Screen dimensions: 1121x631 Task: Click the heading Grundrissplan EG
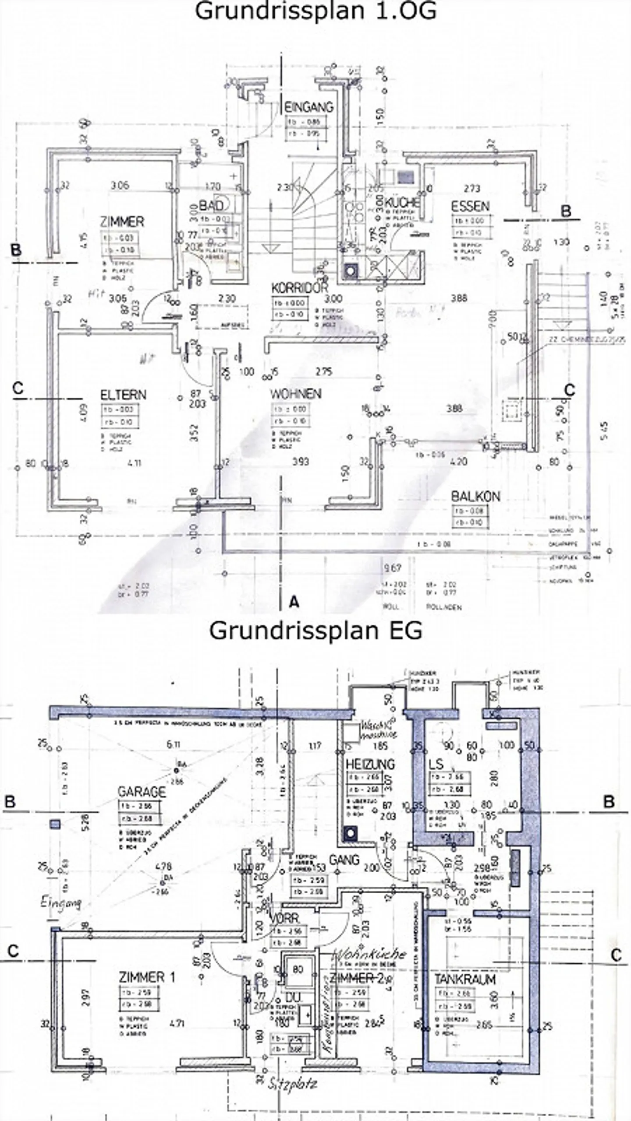[x=315, y=631]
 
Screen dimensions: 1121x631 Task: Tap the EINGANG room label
[x=309, y=106]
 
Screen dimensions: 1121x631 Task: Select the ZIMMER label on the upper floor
[x=122, y=222]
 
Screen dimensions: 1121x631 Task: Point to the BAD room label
[x=211, y=205]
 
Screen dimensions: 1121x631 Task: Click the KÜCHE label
[x=402, y=202]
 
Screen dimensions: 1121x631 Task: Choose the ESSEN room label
[x=470, y=206]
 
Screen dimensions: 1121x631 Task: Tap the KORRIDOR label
[x=300, y=288]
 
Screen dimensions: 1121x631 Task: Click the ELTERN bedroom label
[x=123, y=395]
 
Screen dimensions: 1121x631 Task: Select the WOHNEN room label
[x=296, y=394]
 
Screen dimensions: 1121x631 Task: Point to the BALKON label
[x=475, y=496]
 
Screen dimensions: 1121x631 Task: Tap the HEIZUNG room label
[x=370, y=764]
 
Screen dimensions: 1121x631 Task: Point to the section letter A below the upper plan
[x=294, y=603]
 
